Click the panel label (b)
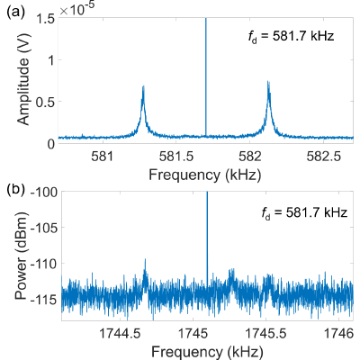coord(15,191)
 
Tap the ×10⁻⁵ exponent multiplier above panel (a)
coord(77,10)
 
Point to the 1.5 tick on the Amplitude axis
coord(45,19)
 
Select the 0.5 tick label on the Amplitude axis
coord(45,102)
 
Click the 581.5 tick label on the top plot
coord(176,157)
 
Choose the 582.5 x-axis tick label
coord(324,157)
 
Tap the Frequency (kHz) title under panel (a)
coord(205,175)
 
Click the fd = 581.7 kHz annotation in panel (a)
coord(291,37)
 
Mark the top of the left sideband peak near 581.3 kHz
coord(143,86)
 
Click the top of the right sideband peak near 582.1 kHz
coord(268,81)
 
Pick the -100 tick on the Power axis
coord(45,192)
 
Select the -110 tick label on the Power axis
coord(45,264)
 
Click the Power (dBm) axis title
coord(22,255)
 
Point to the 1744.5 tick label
coord(121,333)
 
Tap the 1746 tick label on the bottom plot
coord(339,333)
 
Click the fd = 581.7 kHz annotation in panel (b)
coord(304,213)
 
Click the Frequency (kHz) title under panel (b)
coord(207,351)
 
